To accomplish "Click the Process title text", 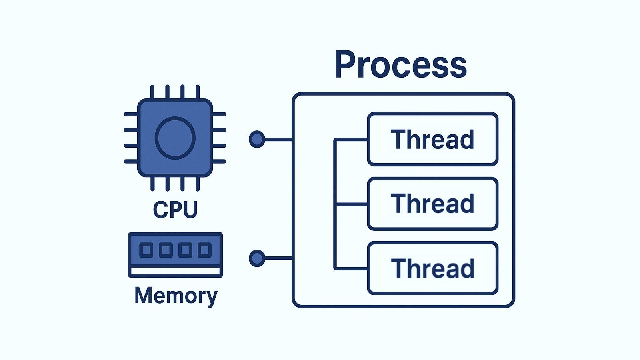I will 400,65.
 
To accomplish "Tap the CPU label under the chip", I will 175,209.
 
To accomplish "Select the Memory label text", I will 176,296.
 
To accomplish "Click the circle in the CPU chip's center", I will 175,138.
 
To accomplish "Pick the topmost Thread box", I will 432,139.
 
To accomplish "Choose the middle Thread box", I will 432,204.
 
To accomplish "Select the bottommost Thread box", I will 432,268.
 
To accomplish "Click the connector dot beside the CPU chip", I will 257,139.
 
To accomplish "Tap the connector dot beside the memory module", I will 257,258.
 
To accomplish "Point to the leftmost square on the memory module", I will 146,250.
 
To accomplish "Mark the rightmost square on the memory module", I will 204,250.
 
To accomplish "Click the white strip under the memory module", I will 175,271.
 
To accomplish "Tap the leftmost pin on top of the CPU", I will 152,92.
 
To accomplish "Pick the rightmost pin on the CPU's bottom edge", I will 198,184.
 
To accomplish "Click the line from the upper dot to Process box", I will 278,139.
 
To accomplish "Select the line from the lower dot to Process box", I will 278,258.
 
